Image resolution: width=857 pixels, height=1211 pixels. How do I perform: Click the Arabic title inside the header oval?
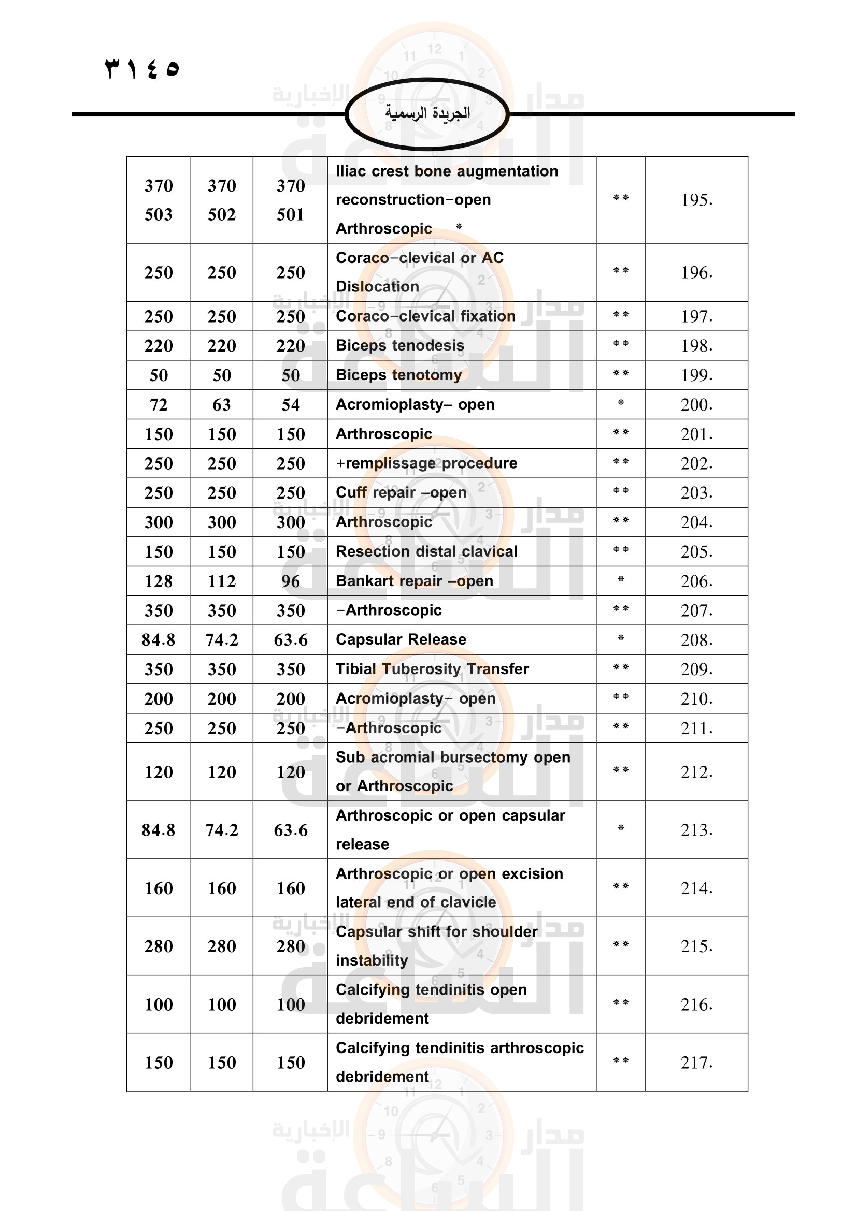coord(427,113)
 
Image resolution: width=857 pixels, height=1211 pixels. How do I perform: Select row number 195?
coord(696,200)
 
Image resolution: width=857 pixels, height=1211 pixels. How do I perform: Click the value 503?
coord(159,214)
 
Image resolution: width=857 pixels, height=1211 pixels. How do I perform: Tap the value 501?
coord(290,214)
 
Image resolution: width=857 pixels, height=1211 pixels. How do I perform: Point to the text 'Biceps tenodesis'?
coord(400,345)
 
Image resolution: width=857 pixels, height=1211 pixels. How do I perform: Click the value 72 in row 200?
coord(159,404)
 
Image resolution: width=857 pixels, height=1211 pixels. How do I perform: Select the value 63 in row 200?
coord(222,404)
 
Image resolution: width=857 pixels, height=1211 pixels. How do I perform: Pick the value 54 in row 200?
coord(290,404)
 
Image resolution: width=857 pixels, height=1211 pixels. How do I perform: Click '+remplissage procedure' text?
coord(426,463)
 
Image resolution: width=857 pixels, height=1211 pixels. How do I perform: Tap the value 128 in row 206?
coord(159,581)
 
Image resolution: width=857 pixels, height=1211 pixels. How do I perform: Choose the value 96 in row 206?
coord(290,581)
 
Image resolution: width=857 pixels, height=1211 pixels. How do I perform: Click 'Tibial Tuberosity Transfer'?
coord(432,669)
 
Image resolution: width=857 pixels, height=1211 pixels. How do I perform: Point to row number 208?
coord(696,640)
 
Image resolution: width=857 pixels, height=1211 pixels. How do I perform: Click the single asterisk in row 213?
coord(621,828)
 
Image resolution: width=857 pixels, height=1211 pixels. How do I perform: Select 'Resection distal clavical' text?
coord(426,552)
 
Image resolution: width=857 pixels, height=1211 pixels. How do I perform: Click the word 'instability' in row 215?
coord(372,960)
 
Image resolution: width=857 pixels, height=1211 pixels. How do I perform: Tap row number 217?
coord(696,1063)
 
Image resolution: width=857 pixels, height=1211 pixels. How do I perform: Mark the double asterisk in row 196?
coord(621,271)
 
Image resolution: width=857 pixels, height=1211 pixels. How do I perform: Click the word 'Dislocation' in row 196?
coord(377,286)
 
